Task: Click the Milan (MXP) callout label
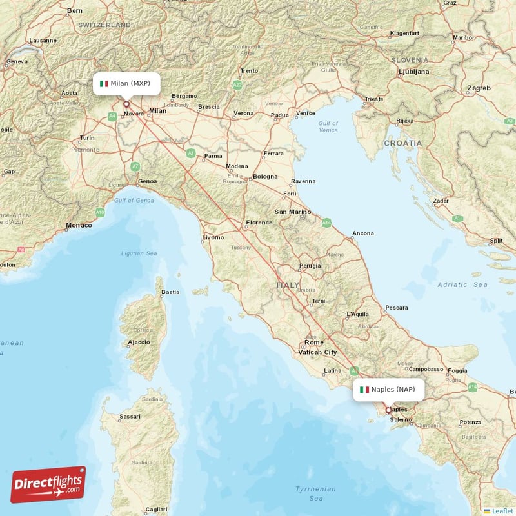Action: pos(126,83)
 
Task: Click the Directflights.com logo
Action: pos(48,484)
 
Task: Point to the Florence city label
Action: pos(259,223)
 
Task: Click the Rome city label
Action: pos(314,342)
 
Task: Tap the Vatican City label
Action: pos(317,352)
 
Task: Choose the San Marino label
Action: pos(293,212)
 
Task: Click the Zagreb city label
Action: pos(479,88)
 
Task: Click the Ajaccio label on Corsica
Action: pos(139,342)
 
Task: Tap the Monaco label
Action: pos(78,226)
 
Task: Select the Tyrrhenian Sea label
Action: pos(316,493)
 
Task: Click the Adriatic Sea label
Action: pos(462,284)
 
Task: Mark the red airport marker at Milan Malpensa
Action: pos(126,104)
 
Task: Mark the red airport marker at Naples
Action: pos(388,410)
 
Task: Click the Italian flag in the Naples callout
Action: pos(364,390)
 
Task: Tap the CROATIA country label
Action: pos(403,143)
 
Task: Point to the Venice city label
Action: pos(305,114)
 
